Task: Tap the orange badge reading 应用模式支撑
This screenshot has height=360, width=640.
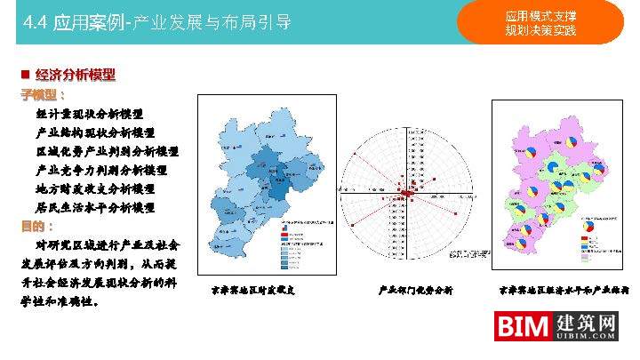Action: [540, 16]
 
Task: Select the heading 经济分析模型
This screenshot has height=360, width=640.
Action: [76, 75]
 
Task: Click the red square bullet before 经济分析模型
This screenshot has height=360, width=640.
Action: [25, 75]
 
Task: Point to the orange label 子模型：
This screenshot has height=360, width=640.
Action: [44, 94]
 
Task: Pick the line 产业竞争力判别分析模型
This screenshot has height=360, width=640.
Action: [101, 170]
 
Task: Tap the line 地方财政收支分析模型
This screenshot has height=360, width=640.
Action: [95, 188]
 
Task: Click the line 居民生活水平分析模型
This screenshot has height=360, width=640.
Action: [95, 207]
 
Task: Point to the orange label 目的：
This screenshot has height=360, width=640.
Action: [38, 226]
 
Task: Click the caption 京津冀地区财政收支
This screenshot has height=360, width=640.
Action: [252, 290]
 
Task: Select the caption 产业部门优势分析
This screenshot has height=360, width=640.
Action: [416, 290]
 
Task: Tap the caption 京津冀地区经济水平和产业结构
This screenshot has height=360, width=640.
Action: [564, 290]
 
